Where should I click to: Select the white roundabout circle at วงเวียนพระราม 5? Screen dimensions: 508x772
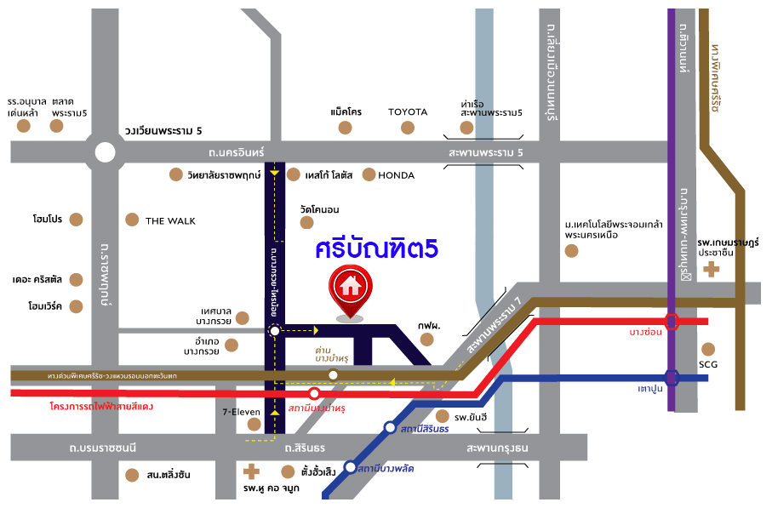tap(105, 152)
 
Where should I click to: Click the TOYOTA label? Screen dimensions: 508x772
tap(408, 112)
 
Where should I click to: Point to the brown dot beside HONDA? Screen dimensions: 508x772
tap(369, 174)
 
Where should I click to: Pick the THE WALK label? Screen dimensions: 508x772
tap(170, 221)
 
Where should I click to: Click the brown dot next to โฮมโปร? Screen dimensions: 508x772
tap(77, 220)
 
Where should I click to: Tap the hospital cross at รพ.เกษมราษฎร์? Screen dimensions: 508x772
tap(711, 270)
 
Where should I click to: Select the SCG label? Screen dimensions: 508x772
tap(709, 364)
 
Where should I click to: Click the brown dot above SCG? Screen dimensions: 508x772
tap(709, 348)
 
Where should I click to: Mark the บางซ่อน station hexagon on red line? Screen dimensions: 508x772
tap(672, 322)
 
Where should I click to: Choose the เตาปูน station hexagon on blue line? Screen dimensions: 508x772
tap(672, 377)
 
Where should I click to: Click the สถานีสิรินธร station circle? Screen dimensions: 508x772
tap(390, 428)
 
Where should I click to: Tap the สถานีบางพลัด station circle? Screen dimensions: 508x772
tap(351, 466)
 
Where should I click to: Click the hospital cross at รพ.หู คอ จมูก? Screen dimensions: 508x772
tap(251, 471)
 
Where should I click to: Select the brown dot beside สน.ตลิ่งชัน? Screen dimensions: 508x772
tap(130, 475)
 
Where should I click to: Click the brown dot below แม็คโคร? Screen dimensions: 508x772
tap(345, 128)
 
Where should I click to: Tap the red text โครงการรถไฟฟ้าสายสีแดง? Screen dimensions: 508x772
tap(102, 408)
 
